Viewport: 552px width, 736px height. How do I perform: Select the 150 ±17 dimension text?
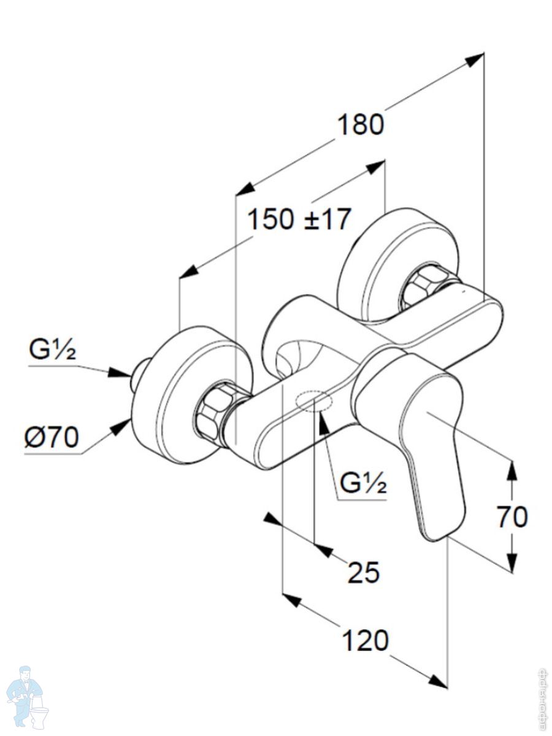(299, 219)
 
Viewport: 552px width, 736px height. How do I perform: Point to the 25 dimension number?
(364, 572)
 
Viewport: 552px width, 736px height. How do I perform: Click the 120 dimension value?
(364, 641)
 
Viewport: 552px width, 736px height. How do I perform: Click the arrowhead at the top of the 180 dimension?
(475, 59)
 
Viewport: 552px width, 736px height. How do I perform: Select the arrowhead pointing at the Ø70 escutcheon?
(121, 427)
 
